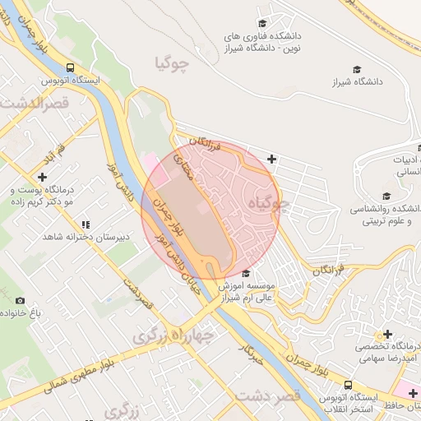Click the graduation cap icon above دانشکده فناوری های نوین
pos(262,24)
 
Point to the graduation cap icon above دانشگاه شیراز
pos(357,69)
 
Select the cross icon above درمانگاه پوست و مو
pos(42,177)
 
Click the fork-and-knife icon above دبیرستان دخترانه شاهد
pos(85,224)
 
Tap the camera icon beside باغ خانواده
pos(21,301)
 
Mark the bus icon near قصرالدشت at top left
pos(71,67)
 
